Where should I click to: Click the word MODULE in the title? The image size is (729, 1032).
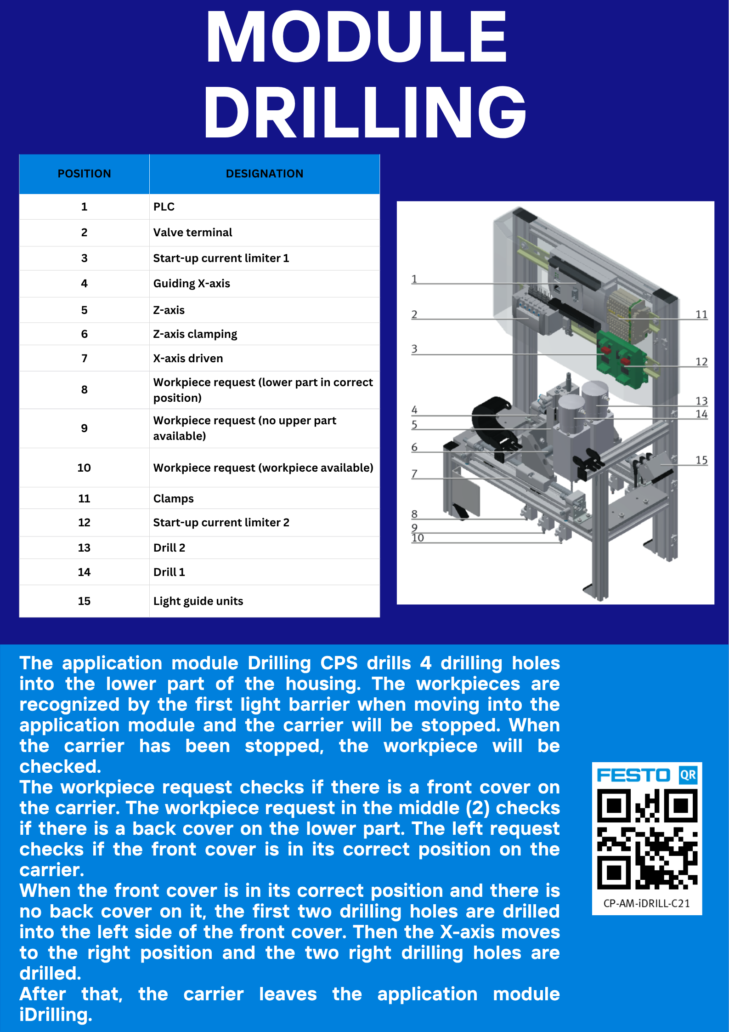click(x=356, y=37)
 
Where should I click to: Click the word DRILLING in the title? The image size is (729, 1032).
click(x=365, y=112)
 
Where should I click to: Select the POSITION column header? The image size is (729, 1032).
click(x=85, y=174)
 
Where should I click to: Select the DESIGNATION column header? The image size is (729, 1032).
click(x=265, y=174)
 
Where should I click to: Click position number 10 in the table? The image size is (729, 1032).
click(x=84, y=468)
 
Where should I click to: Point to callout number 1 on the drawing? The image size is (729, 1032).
click(x=414, y=279)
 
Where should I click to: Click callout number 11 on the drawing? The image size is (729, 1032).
click(x=701, y=314)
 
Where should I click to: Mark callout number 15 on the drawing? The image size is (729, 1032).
click(x=701, y=460)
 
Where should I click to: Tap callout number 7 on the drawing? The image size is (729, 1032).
click(x=414, y=473)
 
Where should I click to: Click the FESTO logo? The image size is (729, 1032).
click(x=633, y=775)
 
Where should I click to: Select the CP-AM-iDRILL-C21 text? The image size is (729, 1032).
click(x=647, y=903)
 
